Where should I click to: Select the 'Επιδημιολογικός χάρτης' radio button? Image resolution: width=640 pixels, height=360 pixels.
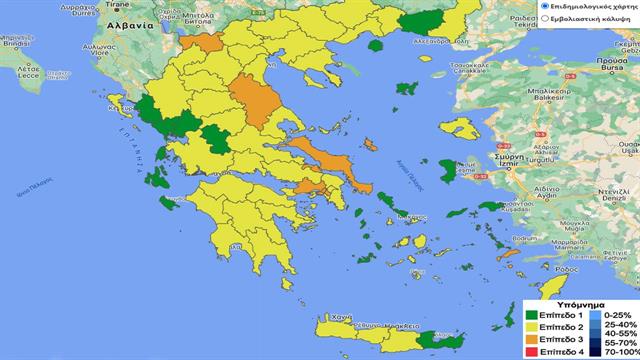(x=545, y=6)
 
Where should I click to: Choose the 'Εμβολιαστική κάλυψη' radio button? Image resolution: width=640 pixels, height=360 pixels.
(x=545, y=19)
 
